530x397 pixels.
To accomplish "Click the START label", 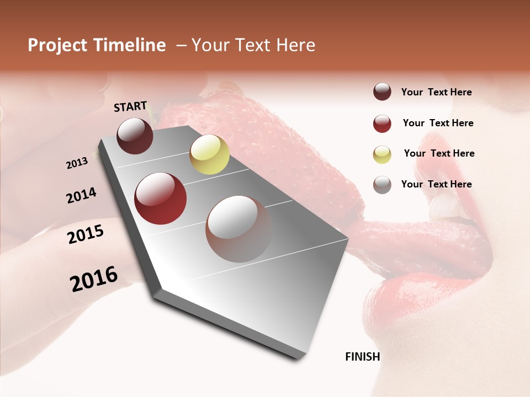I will [130, 106].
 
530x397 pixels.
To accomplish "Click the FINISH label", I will [363, 357].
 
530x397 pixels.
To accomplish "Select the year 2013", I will [77, 163].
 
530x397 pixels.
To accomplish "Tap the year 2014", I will [82, 196].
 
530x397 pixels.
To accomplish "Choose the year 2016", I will [94, 279].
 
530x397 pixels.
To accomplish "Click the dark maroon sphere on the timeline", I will [135, 136].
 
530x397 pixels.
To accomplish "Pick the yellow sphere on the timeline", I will [209, 154].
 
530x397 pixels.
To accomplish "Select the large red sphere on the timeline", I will [161, 198].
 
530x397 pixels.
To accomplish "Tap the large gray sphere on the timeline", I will [239, 229].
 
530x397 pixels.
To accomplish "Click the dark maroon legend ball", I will [382, 92].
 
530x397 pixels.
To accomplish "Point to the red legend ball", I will [382, 124].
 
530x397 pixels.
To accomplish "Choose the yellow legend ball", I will [382, 154].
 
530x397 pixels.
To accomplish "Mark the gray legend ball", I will [382, 185].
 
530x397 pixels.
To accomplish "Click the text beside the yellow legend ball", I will [439, 153].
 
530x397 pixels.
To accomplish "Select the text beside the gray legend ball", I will [436, 184].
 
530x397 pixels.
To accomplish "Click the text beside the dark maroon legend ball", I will [436, 92].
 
